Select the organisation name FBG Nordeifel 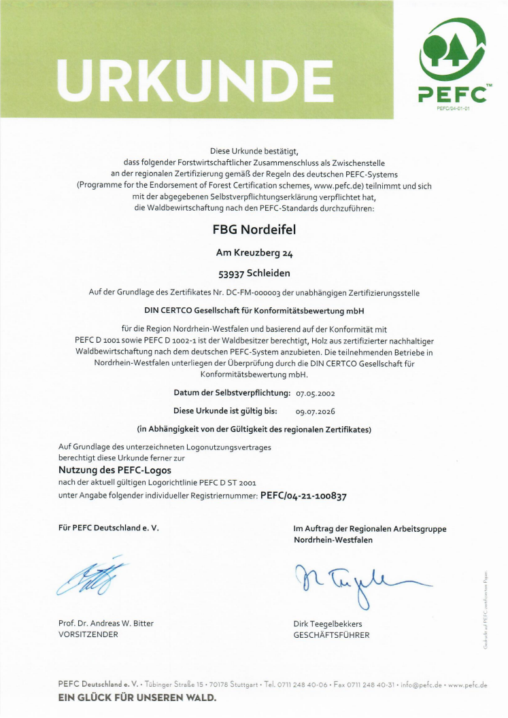point(254,230)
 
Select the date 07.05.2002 point(316,393)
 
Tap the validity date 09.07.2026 point(316,411)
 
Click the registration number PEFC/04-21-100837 point(303,496)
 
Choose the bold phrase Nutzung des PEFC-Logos point(115,470)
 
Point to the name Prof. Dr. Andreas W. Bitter point(106,623)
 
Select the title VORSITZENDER point(89,634)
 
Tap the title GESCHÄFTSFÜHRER point(331,634)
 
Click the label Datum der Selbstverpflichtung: point(233,393)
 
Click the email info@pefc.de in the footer point(421,685)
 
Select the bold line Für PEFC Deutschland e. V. point(109,528)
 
